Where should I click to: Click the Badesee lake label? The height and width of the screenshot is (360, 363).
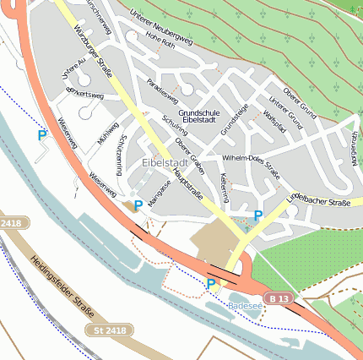pyautogui.click(x=245, y=306)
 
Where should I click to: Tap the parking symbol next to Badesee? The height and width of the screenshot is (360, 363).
pyautogui.click(x=211, y=284)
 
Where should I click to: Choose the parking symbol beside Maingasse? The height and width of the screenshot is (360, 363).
pyautogui.click(x=138, y=205)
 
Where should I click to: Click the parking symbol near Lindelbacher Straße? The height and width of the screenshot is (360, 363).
pyautogui.click(x=258, y=216)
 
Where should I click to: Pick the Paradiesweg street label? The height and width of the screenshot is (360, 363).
pyautogui.click(x=159, y=93)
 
